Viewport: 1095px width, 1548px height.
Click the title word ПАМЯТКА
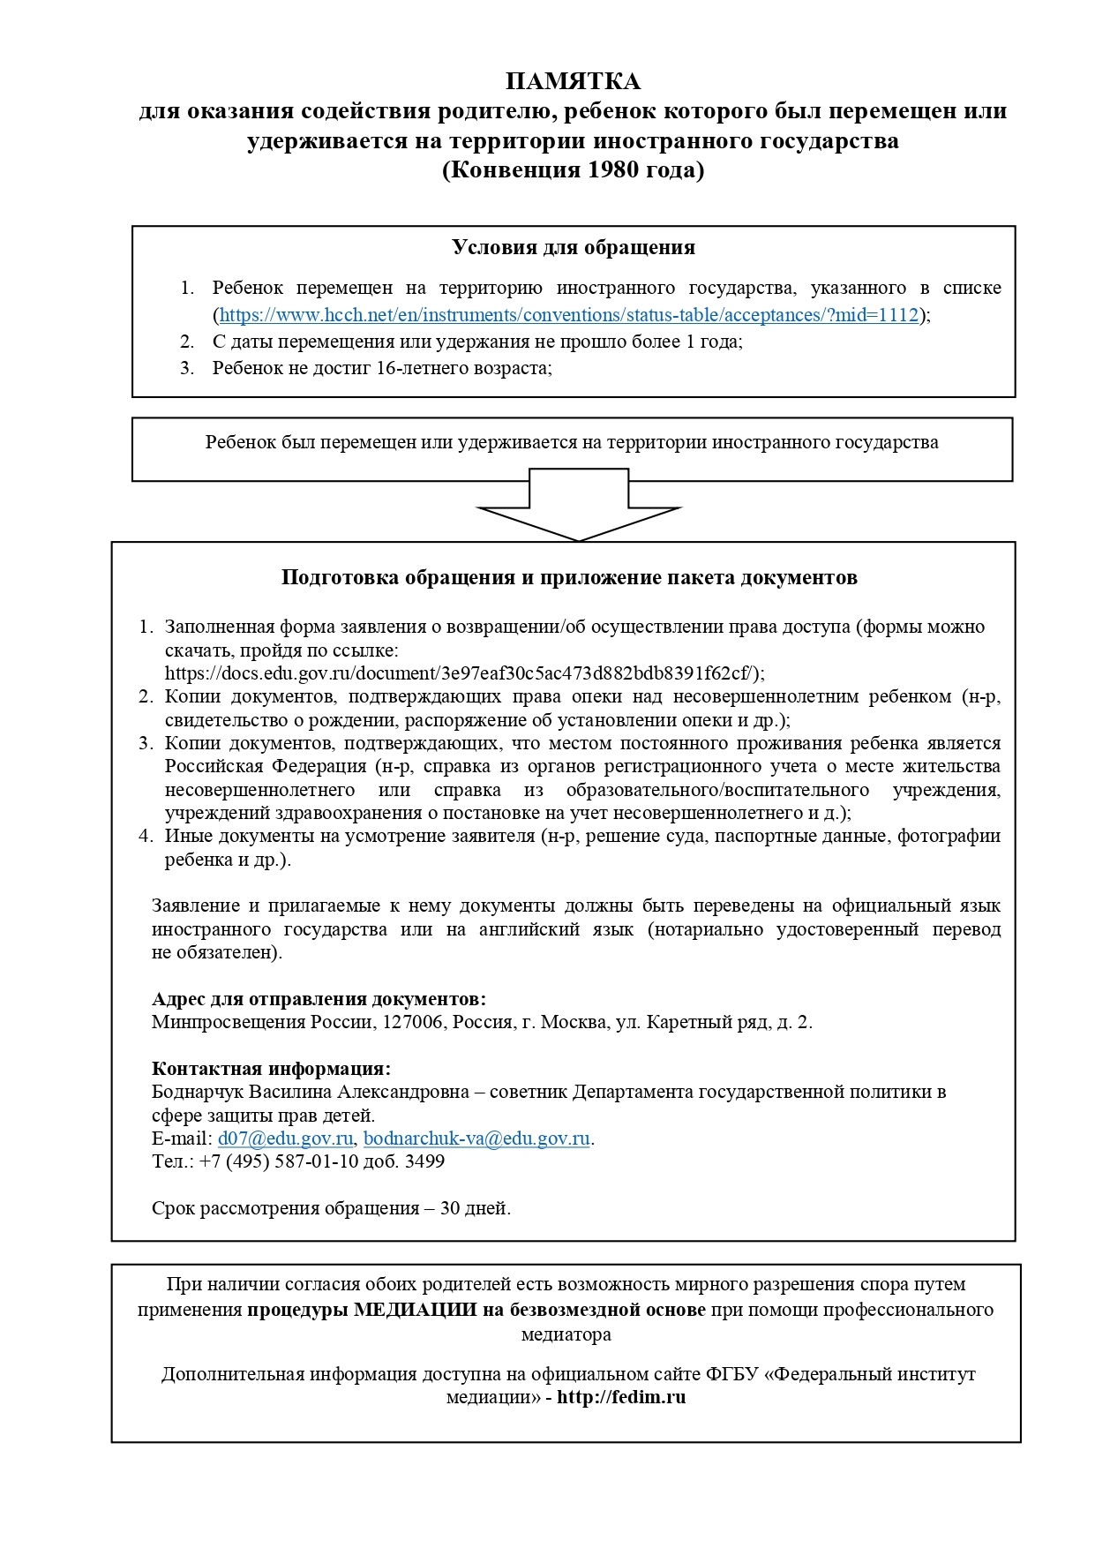[x=573, y=82]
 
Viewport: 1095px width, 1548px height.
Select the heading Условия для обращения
[x=574, y=247]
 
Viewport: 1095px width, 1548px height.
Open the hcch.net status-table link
[x=569, y=315]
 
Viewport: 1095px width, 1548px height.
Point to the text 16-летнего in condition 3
[x=416, y=368]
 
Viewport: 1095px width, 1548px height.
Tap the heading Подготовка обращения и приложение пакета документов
[x=569, y=577]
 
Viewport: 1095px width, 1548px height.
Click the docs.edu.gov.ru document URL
[x=461, y=673]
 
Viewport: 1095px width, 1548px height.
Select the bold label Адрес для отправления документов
[x=319, y=999]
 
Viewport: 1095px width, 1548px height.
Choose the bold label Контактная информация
[x=271, y=1069]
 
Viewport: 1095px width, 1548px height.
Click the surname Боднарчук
[x=198, y=1092]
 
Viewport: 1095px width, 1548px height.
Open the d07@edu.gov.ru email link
[x=285, y=1138]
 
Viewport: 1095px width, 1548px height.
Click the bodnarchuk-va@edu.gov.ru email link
[x=476, y=1138]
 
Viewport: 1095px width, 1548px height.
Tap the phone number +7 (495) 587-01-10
[x=279, y=1161]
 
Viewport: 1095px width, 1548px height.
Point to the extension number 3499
[x=424, y=1161]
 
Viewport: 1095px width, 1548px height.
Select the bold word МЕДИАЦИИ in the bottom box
[x=416, y=1310]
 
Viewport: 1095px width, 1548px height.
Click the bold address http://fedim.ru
[x=621, y=1397]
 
